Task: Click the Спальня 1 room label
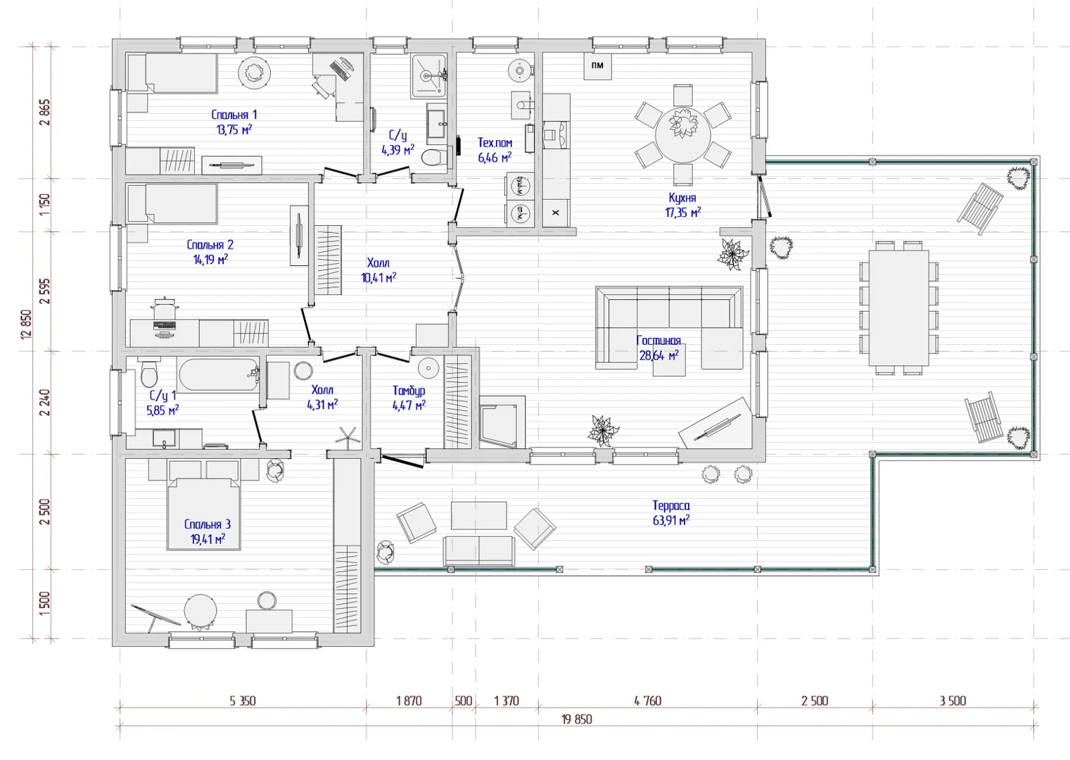(x=234, y=115)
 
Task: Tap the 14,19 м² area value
(x=210, y=260)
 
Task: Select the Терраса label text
(x=671, y=505)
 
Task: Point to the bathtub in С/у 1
(x=218, y=376)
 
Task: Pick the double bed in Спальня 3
(x=203, y=514)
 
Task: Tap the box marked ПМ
(x=597, y=66)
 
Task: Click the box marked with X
(x=556, y=213)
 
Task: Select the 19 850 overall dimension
(x=577, y=719)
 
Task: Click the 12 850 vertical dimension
(x=26, y=325)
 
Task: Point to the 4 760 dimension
(x=648, y=701)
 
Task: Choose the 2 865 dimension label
(x=46, y=113)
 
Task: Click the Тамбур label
(x=409, y=391)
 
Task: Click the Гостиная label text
(x=658, y=341)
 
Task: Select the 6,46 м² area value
(x=495, y=157)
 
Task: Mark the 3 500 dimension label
(x=953, y=701)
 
